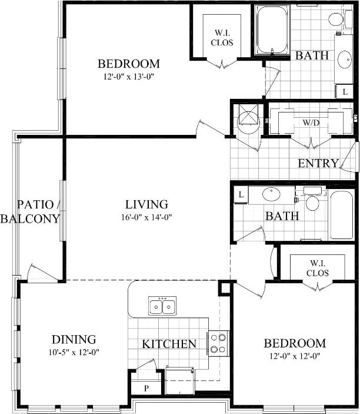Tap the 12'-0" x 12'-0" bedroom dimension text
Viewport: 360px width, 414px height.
[x=294, y=355]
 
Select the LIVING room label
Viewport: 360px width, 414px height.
[x=146, y=204]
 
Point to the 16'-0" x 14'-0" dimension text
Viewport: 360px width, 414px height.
[x=146, y=216]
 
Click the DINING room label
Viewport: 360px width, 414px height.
[x=74, y=339]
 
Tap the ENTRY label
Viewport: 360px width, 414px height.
[x=318, y=163]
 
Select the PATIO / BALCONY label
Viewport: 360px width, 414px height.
[x=31, y=211]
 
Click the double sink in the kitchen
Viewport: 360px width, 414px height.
[x=163, y=306]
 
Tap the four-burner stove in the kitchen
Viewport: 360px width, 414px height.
[x=218, y=343]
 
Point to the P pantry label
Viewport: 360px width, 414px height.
[x=145, y=389]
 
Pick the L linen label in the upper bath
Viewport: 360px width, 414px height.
[x=345, y=92]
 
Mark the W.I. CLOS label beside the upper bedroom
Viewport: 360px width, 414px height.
[x=222, y=37]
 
